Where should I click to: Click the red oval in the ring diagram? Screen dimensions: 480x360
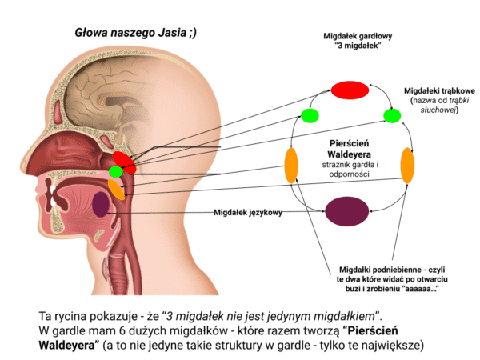tap(350, 90)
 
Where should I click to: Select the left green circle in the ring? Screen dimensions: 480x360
tap(310, 116)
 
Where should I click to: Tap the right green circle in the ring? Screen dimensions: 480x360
tap(392, 116)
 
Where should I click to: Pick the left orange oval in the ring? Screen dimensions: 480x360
tap(291, 166)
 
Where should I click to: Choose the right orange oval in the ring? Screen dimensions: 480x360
tap(407, 166)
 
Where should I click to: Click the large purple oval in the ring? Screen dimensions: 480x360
tap(347, 211)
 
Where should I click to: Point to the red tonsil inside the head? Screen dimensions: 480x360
tap(124, 162)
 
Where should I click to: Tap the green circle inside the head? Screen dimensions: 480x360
tap(116, 171)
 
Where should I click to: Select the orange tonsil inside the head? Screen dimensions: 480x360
tap(116, 190)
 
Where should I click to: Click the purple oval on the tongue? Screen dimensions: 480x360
tap(101, 204)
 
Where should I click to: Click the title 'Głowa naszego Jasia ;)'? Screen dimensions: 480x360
tap(136, 33)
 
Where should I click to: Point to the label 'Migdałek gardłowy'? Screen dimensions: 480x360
tap(358, 36)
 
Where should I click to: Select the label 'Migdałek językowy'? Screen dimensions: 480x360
tap(248, 213)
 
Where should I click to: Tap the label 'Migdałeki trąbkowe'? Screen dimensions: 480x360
tap(439, 91)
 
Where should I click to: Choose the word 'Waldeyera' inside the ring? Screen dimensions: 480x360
tap(349, 154)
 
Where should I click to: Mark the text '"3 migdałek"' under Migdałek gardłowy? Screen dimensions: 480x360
tap(358, 46)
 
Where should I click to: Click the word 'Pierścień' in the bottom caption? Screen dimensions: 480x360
tap(370, 330)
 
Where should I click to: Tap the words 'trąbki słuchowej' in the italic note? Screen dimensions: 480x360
tap(443, 105)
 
